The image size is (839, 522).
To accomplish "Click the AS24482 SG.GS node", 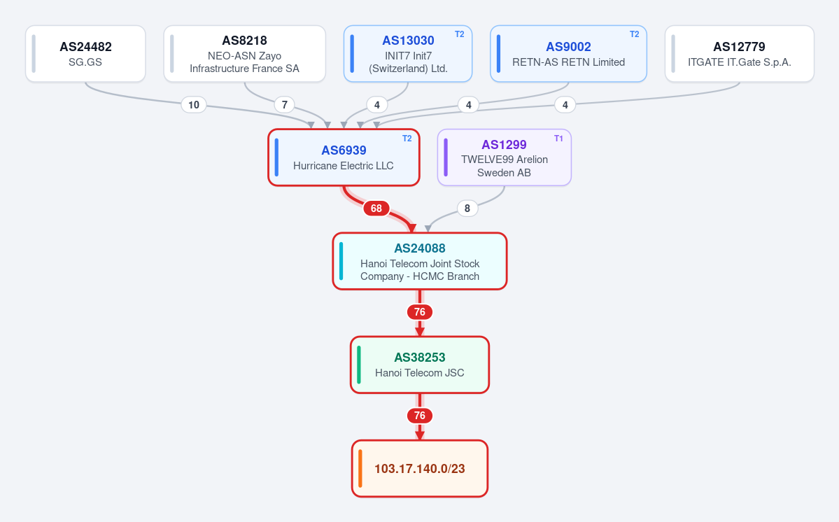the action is click(x=85, y=54).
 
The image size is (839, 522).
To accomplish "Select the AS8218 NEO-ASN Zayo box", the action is click(x=244, y=54).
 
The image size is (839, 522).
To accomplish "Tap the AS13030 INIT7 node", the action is click(x=408, y=54).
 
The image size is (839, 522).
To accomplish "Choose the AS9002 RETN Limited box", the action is click(x=568, y=54).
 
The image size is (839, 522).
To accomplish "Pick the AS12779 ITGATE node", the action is click(x=740, y=54).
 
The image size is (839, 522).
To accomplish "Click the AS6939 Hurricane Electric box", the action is click(x=344, y=157).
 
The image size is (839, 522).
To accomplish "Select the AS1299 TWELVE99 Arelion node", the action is click(x=504, y=157).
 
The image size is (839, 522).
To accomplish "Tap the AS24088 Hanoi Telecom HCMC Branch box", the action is click(x=420, y=262).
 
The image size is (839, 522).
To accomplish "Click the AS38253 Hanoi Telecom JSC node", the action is click(x=420, y=365).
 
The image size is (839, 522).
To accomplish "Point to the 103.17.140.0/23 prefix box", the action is click(x=420, y=469).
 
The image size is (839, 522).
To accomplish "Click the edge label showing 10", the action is click(x=194, y=105).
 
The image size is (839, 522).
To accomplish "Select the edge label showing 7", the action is click(x=285, y=105).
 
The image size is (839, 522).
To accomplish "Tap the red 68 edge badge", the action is click(x=376, y=208).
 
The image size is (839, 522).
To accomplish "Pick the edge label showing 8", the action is click(x=467, y=208).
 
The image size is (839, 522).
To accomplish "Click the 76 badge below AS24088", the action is click(x=420, y=312).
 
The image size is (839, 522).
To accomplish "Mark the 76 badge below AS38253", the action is click(x=420, y=416).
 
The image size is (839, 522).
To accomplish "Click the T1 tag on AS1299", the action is click(x=558, y=139).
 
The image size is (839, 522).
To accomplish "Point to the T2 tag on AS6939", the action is click(x=407, y=139).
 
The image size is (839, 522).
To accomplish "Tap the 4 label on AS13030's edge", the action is click(x=377, y=105).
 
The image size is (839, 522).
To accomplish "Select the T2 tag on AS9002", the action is click(x=634, y=34).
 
